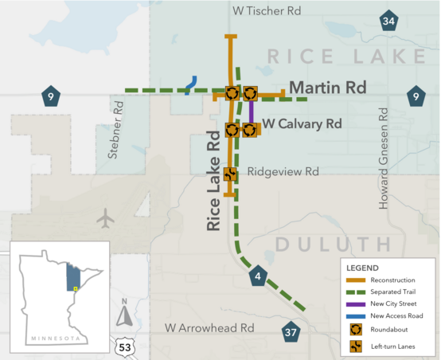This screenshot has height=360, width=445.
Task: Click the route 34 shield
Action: click(388, 22)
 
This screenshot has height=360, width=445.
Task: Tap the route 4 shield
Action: click(257, 277)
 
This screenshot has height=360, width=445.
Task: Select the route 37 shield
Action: click(291, 331)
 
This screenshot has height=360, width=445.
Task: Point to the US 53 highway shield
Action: click(124, 346)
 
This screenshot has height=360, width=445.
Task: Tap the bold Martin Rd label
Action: click(327, 88)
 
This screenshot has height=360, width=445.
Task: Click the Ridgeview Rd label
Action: click(283, 171)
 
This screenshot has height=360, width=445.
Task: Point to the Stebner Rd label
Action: click(119, 127)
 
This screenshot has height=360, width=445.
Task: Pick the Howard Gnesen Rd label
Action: click(384, 166)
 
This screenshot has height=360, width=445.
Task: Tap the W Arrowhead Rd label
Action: click(209, 327)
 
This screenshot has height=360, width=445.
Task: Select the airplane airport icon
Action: click(104, 217)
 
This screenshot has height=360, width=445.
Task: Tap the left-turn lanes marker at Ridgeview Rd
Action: click(230, 174)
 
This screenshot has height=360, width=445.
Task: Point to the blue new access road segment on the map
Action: click(190, 84)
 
